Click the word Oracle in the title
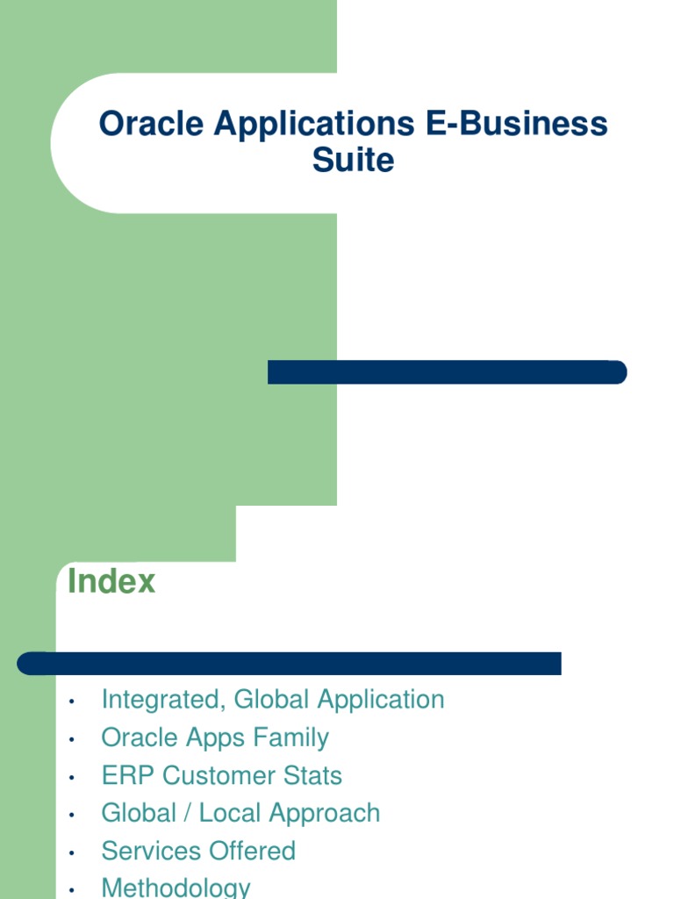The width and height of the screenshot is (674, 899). tap(151, 124)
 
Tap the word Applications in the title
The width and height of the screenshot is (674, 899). tap(314, 124)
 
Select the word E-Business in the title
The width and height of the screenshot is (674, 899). tap(517, 124)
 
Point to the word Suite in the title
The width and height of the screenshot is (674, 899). tap(353, 161)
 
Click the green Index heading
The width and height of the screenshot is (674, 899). tap(111, 581)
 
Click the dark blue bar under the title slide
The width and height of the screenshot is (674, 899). tap(447, 372)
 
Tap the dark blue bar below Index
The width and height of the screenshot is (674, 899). tap(290, 663)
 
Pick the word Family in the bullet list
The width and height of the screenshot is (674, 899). tap(290, 737)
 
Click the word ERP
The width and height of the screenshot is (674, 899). tap(128, 775)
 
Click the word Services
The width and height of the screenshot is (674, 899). tap(147, 851)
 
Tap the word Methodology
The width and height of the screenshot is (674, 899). tap(176, 887)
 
